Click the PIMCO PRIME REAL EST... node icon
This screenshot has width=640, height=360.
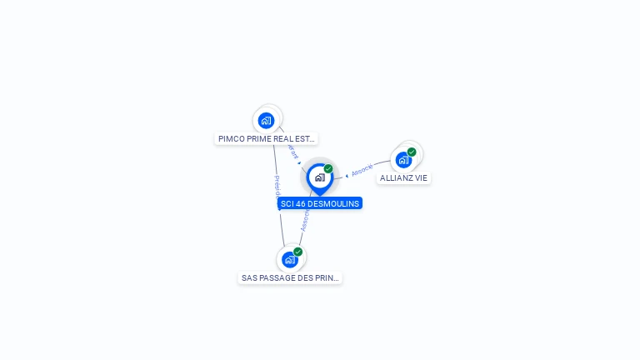click(266, 120)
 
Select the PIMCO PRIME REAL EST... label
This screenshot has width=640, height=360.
click(267, 139)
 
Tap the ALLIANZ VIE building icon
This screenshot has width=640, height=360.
click(404, 159)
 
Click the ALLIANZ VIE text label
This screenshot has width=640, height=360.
click(404, 178)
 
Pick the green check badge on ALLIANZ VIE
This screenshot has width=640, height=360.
click(412, 152)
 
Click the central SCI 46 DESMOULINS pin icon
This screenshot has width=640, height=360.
click(319, 177)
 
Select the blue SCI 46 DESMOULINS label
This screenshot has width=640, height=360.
click(320, 203)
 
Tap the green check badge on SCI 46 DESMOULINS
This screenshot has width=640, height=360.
click(328, 168)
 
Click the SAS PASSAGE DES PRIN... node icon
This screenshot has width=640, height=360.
click(289, 259)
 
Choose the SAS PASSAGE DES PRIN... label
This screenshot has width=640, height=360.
click(290, 278)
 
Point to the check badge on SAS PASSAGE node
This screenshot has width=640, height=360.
click(297, 252)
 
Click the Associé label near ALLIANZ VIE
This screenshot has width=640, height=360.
click(362, 169)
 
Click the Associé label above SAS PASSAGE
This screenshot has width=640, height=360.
click(305, 221)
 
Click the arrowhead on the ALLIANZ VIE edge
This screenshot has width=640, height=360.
click(347, 175)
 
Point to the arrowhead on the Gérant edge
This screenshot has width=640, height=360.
click(299, 162)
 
